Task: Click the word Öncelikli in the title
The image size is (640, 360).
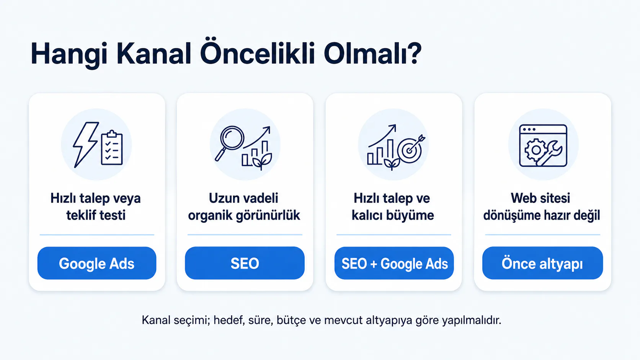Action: [x=257, y=54]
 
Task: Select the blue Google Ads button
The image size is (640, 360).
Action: [x=97, y=263]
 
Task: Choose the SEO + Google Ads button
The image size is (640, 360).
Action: [x=394, y=263]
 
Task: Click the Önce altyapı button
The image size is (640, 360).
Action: [x=542, y=263]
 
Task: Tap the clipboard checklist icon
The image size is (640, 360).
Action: [x=112, y=148]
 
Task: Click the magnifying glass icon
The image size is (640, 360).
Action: [x=229, y=143]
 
